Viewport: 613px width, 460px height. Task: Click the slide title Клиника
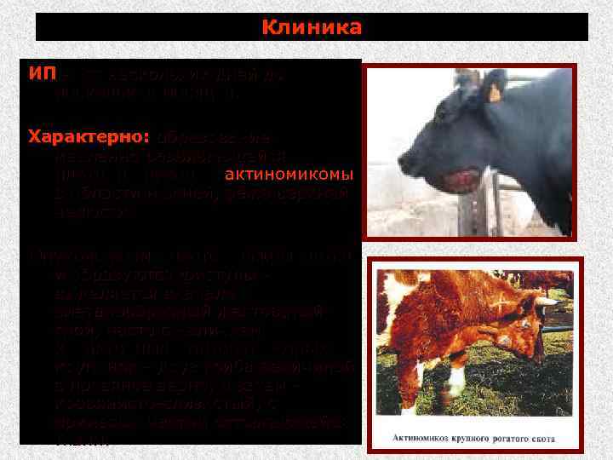coord(312,27)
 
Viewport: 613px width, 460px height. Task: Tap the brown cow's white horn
coord(544,302)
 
